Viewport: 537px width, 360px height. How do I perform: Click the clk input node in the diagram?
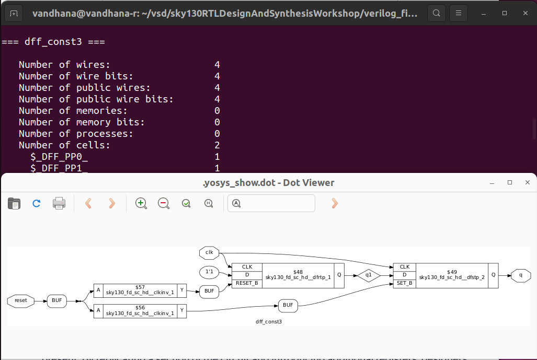[209, 253]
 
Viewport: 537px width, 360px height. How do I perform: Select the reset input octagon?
[21, 300]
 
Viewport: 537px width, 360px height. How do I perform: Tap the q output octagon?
[521, 275]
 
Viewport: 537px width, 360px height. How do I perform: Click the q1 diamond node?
[369, 275]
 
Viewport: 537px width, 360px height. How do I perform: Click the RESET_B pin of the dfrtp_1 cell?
[247, 283]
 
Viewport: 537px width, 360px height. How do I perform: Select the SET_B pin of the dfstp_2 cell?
[405, 283]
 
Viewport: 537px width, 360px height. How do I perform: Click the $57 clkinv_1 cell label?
[140, 291]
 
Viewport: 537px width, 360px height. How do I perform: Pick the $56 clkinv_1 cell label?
[140, 310]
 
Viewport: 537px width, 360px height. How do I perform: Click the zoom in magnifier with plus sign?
[141, 203]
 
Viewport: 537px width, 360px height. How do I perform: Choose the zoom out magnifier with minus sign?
[164, 203]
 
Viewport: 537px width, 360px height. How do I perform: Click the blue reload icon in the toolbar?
[37, 203]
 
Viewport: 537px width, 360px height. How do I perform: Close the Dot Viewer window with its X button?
[528, 182]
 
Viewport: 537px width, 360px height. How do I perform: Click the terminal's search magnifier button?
[437, 13]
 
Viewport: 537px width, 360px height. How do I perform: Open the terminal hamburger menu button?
[459, 13]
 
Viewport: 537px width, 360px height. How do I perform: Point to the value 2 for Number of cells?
[217, 145]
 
